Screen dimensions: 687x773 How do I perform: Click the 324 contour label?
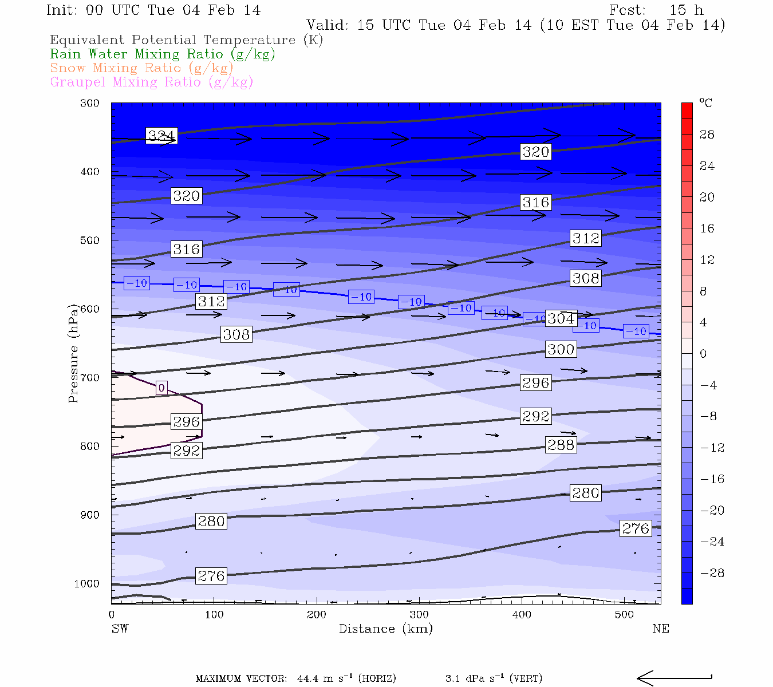161,136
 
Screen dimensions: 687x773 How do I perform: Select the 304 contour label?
561,318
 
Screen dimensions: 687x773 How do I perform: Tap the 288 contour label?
561,445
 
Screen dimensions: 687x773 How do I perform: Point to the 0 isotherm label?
161,388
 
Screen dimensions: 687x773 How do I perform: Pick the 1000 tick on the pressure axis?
86,584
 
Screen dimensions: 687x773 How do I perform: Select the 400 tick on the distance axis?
522,615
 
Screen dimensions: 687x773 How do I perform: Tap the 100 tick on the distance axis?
214,615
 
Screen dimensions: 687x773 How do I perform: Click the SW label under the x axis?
120,629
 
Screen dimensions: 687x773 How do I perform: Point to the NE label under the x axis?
660,629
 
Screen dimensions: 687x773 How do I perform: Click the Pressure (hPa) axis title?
73,353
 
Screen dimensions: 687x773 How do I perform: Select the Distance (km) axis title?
385,629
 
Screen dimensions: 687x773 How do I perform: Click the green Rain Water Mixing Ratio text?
163,54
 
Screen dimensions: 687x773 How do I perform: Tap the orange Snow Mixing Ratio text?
141,68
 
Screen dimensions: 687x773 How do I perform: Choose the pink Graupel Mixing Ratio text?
151,82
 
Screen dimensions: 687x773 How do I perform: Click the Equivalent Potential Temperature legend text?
186,40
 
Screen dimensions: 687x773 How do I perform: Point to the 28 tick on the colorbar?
707,135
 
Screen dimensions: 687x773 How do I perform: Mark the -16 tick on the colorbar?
712,479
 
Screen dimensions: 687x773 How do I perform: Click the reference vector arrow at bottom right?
674,678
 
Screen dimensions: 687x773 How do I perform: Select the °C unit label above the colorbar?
705,103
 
